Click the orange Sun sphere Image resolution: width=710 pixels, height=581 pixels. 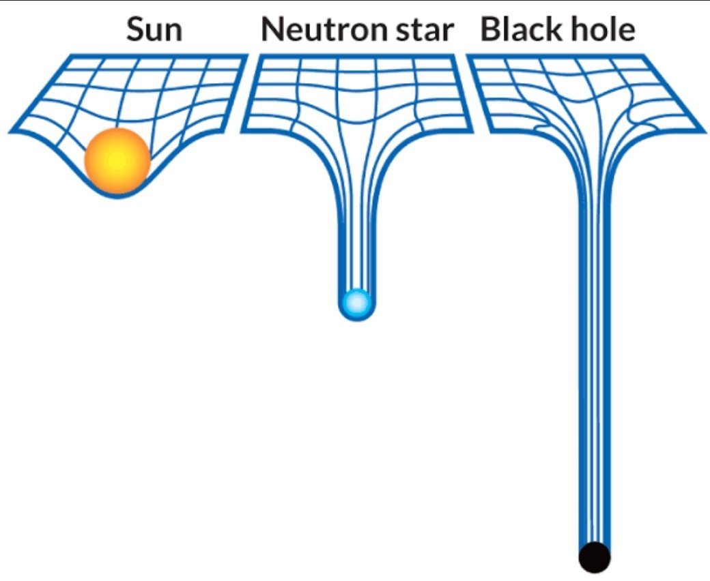tap(117, 160)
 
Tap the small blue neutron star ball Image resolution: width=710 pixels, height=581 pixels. tap(356, 302)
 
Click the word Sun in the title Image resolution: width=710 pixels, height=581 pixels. tap(154, 30)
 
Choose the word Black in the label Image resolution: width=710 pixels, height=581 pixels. tap(520, 30)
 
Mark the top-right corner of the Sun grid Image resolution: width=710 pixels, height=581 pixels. tap(246, 57)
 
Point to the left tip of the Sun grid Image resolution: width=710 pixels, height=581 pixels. tap(10, 130)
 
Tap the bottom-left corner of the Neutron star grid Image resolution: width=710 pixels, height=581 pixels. tap(242, 129)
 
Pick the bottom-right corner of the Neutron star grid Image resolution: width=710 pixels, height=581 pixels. tap(471, 129)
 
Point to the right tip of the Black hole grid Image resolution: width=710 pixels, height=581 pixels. tap(704, 129)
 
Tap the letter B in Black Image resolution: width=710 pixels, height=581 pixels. tap(490, 30)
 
